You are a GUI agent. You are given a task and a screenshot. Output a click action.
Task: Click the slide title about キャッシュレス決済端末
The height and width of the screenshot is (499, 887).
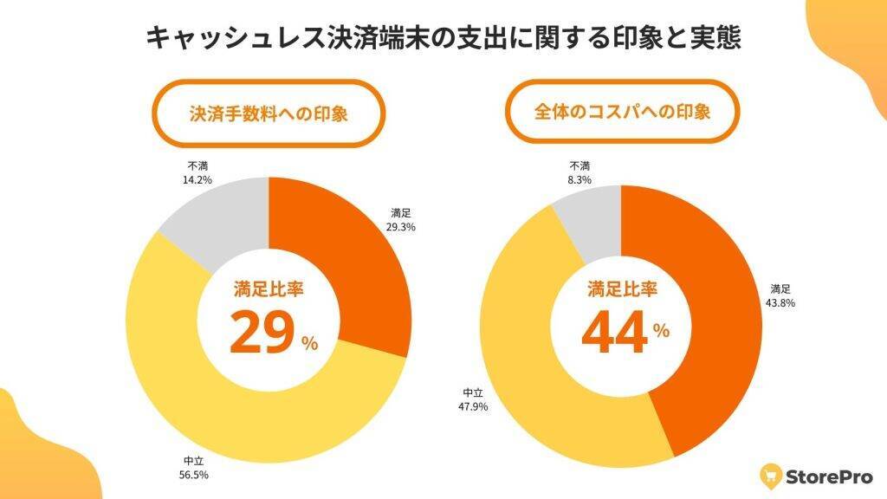(x=443, y=39)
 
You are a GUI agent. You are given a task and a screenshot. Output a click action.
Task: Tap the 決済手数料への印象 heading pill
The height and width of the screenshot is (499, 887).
(x=269, y=113)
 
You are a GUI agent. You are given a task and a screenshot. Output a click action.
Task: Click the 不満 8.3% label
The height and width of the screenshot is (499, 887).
(x=580, y=172)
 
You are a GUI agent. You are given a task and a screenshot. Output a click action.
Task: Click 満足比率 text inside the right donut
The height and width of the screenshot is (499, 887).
(x=621, y=289)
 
